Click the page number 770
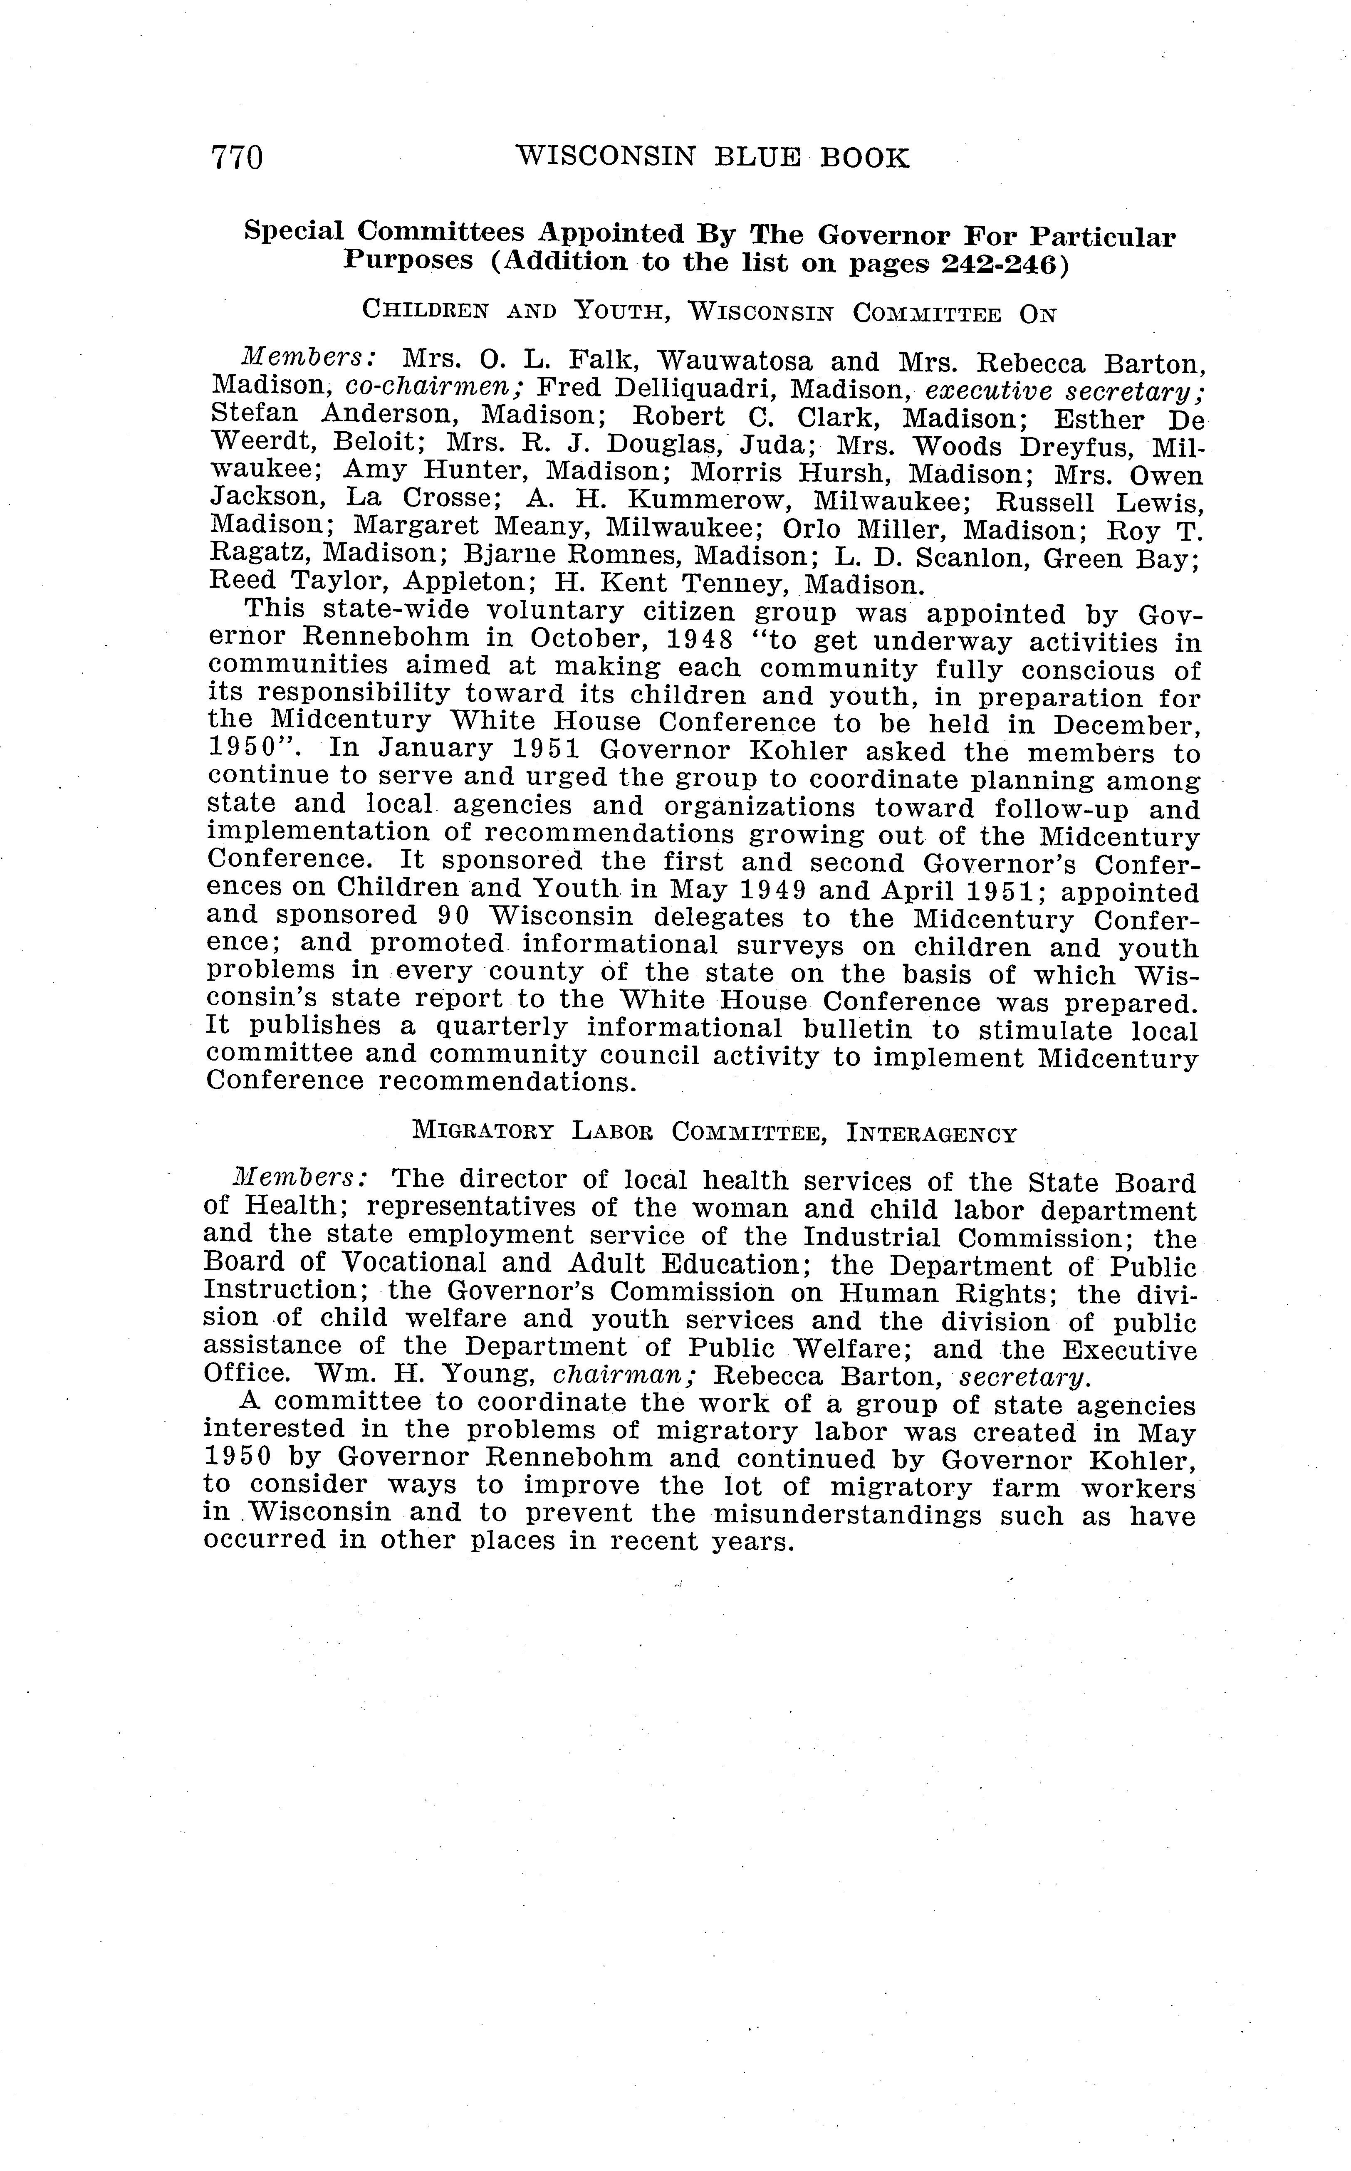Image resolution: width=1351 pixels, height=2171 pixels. click(x=237, y=158)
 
